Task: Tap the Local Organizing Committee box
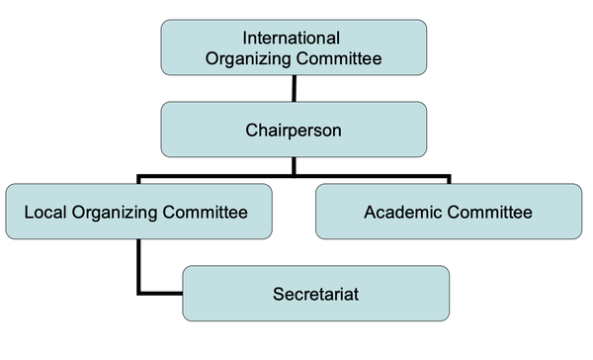(x=138, y=212)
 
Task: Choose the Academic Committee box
(x=448, y=212)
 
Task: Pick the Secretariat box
(x=315, y=293)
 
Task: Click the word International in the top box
(x=292, y=39)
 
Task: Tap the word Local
(x=42, y=212)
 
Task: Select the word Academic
(x=401, y=212)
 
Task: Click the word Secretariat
(x=315, y=293)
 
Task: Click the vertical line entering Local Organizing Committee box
(x=139, y=180)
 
